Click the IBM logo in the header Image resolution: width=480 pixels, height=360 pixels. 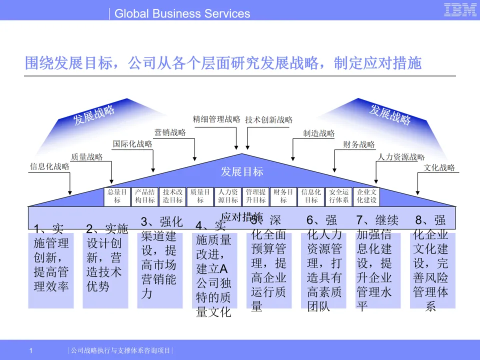pyautogui.click(x=460, y=10)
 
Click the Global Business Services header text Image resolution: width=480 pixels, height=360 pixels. pyautogui.click(x=182, y=13)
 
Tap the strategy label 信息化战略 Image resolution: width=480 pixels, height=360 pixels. pyautogui.click(x=49, y=167)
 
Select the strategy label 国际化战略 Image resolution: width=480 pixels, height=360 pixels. pyautogui.click(x=132, y=144)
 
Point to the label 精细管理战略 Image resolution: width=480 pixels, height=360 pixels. pyautogui.click(x=216, y=119)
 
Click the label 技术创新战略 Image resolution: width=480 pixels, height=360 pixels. pyautogui.click(x=268, y=120)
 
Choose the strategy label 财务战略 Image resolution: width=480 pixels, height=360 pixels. pyautogui.click(x=358, y=145)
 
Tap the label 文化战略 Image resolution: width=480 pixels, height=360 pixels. pyautogui.click(x=439, y=168)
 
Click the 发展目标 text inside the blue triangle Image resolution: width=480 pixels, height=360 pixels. pyautogui.click(x=242, y=172)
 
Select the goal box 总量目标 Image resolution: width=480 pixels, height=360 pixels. pyautogui.click(x=117, y=196)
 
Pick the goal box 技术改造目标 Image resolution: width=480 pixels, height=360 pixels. pyautogui.click(x=172, y=196)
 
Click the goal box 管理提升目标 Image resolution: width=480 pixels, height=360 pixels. pyautogui.click(x=255, y=196)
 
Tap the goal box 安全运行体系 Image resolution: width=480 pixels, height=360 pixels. pyautogui.click(x=338, y=196)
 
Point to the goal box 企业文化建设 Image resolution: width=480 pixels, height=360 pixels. pyautogui.click(x=366, y=196)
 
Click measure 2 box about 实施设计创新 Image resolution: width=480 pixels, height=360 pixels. pyautogui.click(x=105, y=265)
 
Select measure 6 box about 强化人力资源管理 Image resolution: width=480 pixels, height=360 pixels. pyautogui.click(x=324, y=265)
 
